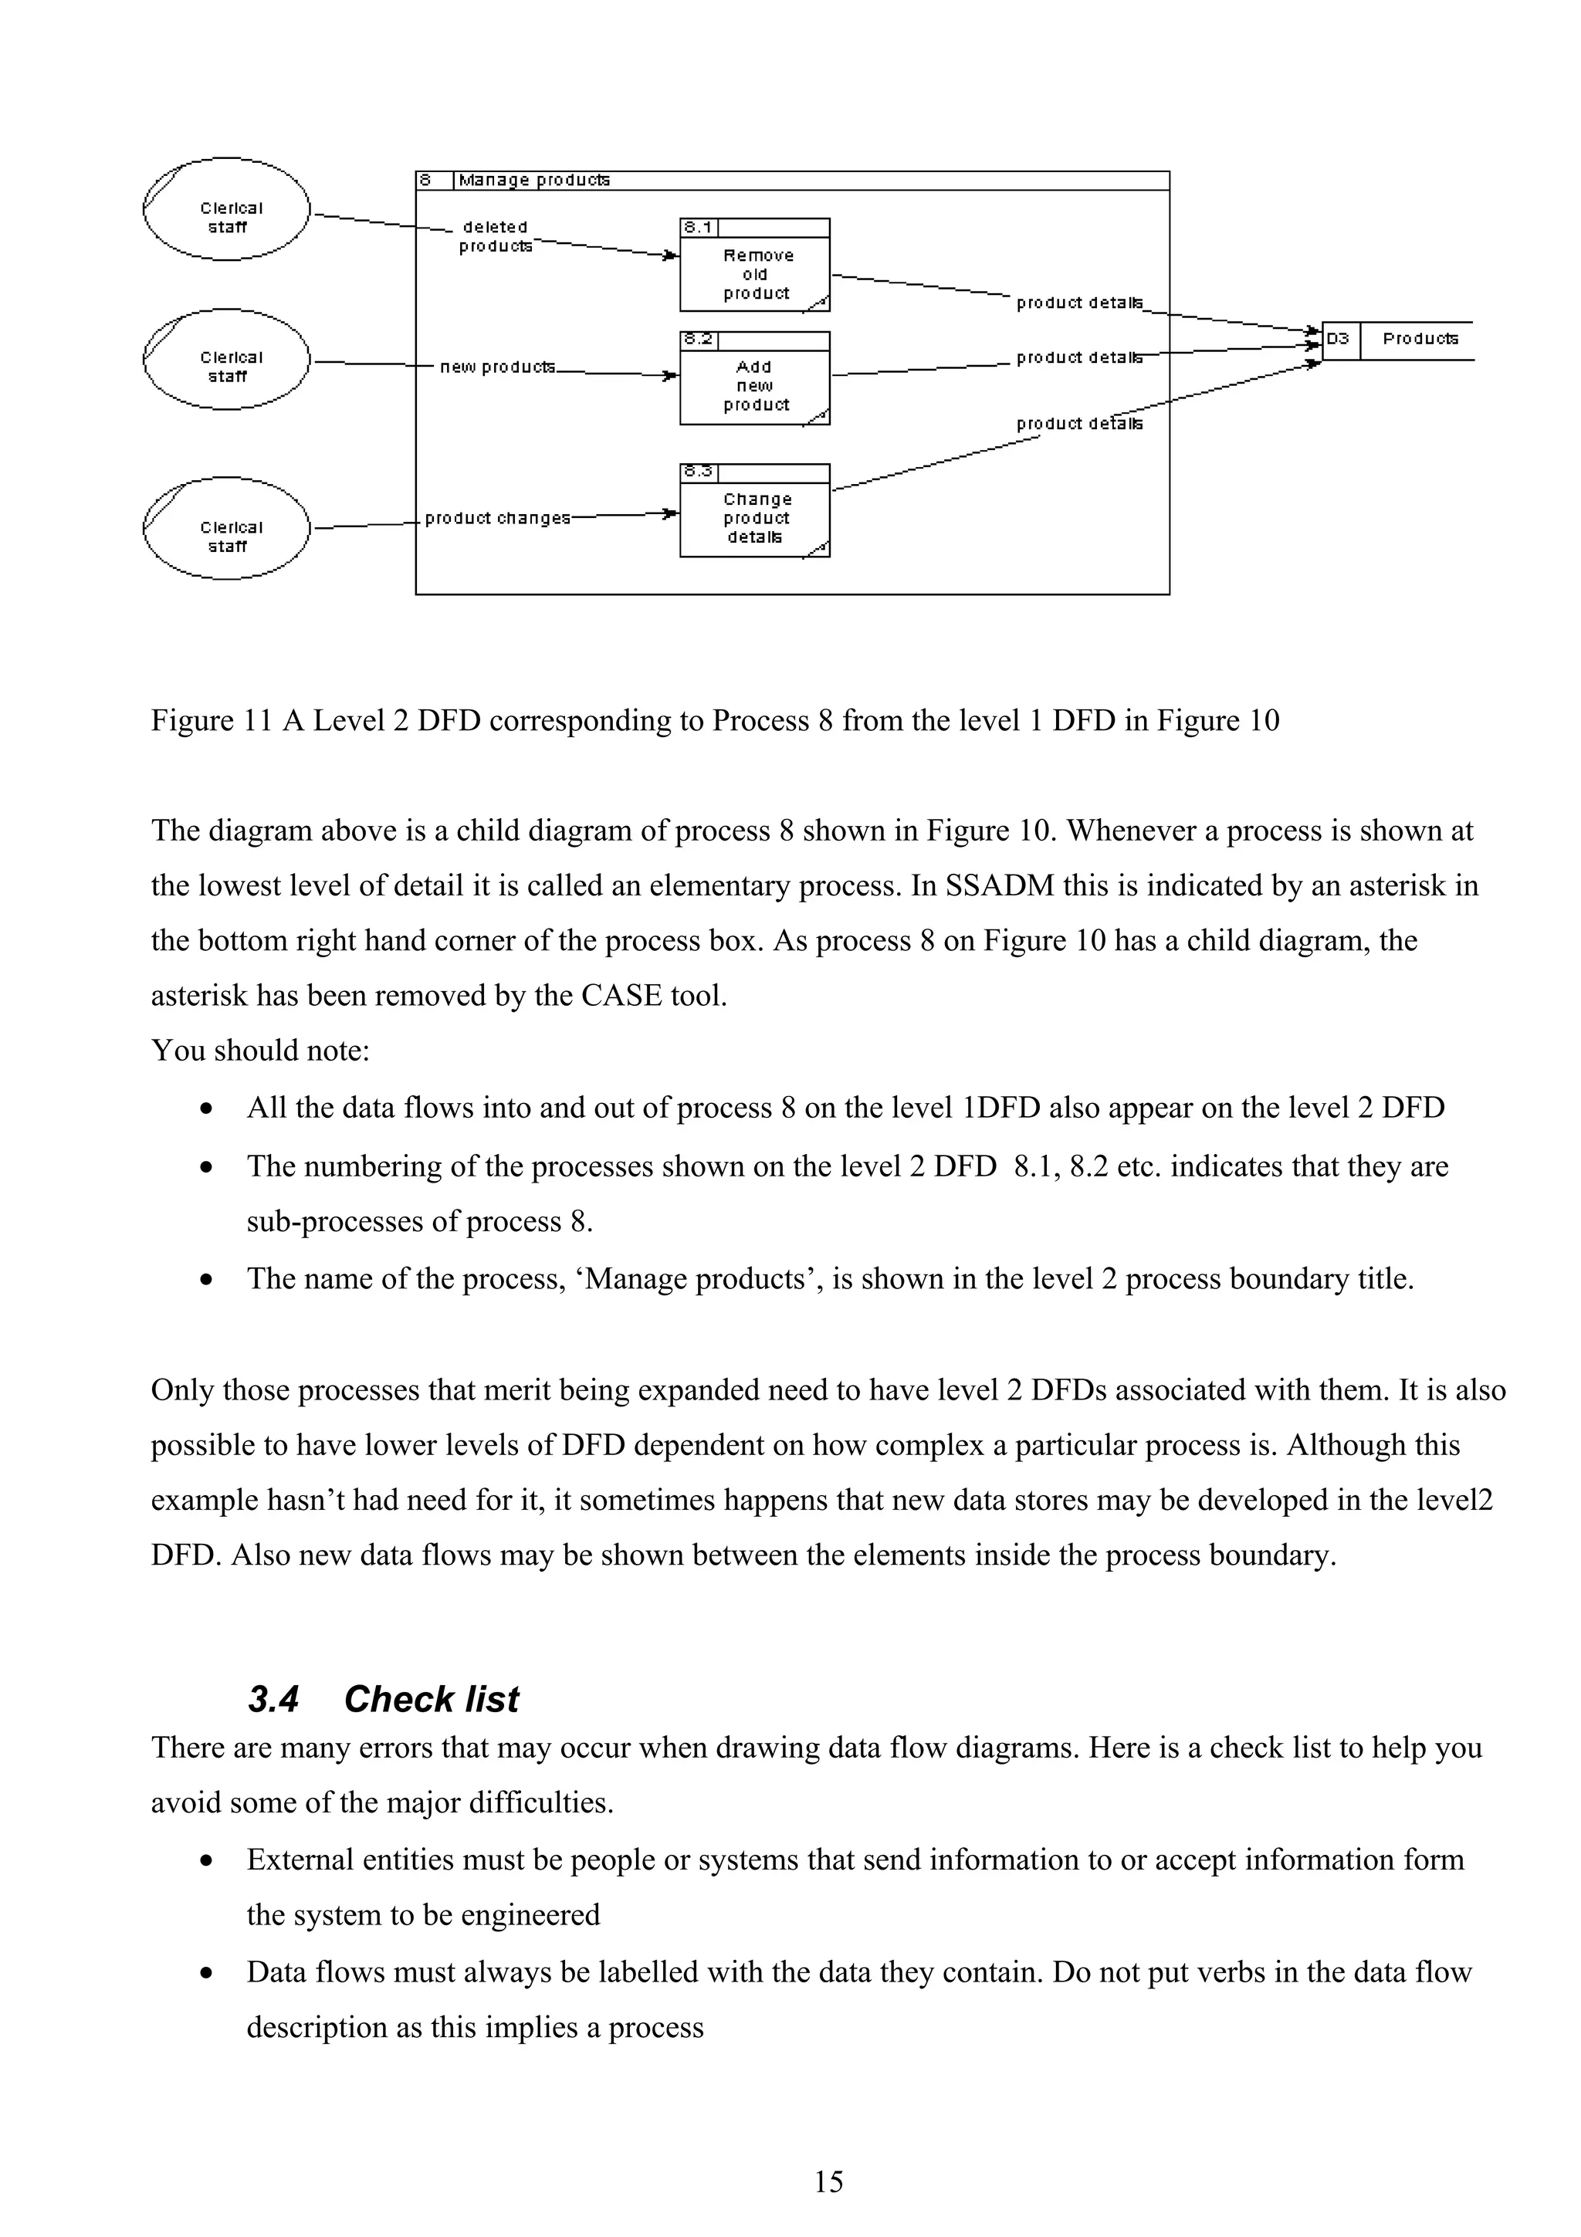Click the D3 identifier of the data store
(x=1339, y=339)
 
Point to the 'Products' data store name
(x=1420, y=339)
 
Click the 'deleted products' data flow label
(x=495, y=237)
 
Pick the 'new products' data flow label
(x=497, y=367)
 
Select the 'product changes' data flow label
(x=497, y=518)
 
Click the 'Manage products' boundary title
(x=533, y=181)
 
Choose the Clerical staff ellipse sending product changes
(x=227, y=528)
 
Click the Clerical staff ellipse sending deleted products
(x=227, y=208)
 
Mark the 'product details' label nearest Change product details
(x=1079, y=424)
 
